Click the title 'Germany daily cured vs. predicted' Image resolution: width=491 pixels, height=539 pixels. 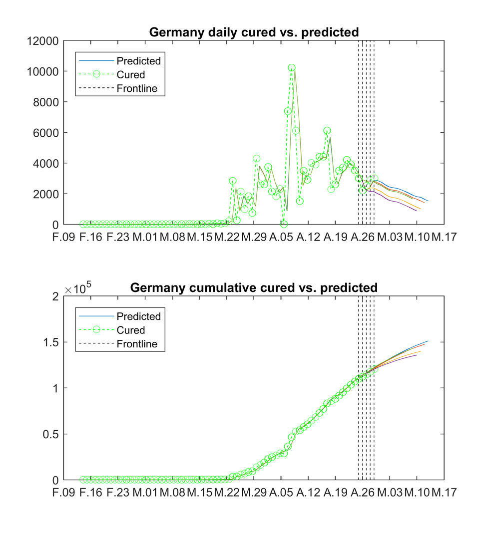(x=254, y=32)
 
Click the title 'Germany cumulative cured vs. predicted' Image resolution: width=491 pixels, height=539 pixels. (x=254, y=288)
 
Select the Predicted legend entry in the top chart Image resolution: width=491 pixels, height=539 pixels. (x=138, y=61)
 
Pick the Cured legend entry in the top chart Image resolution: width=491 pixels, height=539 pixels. (x=130, y=75)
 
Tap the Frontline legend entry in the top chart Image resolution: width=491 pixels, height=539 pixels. (x=137, y=89)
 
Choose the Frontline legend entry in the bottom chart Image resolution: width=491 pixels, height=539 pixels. (x=137, y=344)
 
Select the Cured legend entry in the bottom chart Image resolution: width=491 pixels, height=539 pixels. (x=130, y=330)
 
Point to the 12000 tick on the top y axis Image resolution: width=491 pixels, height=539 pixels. (x=43, y=41)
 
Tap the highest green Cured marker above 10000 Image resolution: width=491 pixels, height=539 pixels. (x=292, y=67)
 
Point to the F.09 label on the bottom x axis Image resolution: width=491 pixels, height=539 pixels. (x=64, y=492)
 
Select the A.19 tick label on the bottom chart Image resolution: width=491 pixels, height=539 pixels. (x=335, y=492)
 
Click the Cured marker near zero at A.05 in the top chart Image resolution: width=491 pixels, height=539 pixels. (x=284, y=224)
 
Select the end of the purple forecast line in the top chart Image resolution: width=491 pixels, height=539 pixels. (x=417, y=211)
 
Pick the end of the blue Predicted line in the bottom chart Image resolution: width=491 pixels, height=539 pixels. (x=428, y=341)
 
